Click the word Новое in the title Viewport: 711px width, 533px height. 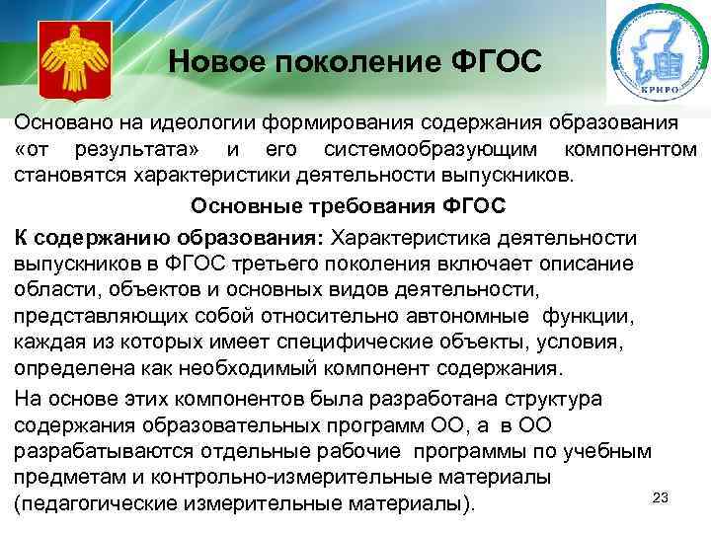pos(209,62)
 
